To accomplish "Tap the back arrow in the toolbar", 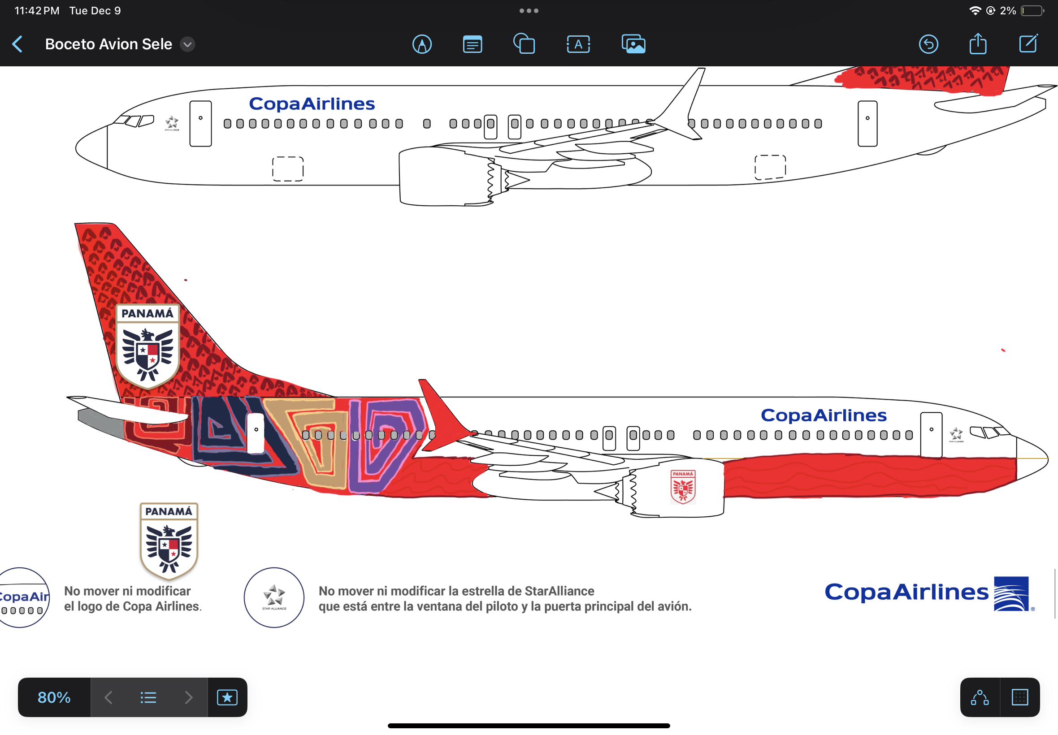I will pyautogui.click(x=17, y=44).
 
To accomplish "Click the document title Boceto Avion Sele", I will pyautogui.click(x=108, y=44).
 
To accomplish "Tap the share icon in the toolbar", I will pyautogui.click(x=977, y=44).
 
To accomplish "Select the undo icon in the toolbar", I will pyautogui.click(x=928, y=44).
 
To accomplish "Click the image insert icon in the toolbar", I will pyautogui.click(x=633, y=44).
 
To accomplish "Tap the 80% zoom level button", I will pyautogui.click(x=54, y=697).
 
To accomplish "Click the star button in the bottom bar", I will pyautogui.click(x=227, y=697).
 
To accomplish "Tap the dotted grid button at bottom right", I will pyautogui.click(x=1020, y=697).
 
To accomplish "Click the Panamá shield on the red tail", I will pyautogui.click(x=147, y=346).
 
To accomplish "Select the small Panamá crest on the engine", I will pyautogui.click(x=683, y=486).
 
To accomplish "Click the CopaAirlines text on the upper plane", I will pyautogui.click(x=312, y=104).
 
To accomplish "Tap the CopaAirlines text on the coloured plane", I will pyautogui.click(x=824, y=415).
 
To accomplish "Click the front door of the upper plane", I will pyautogui.click(x=200, y=123).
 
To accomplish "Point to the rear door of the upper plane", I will pyautogui.click(x=867, y=123).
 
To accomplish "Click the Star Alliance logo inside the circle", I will pyautogui.click(x=274, y=597).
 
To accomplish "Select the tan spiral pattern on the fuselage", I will pyautogui.click(x=318, y=442).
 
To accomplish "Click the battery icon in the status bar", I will pyautogui.click(x=1032, y=11).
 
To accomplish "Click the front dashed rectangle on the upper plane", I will pyautogui.click(x=288, y=169).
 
